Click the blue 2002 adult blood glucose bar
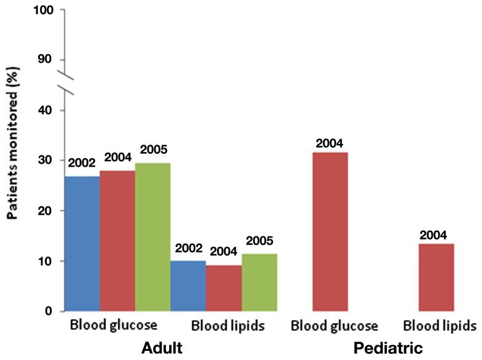click(x=82, y=244)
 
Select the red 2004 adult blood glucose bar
click(x=117, y=241)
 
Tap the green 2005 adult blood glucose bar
click(x=152, y=237)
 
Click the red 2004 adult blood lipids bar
click(x=224, y=288)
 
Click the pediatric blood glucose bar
click(x=330, y=232)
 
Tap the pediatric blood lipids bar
click(x=436, y=278)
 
